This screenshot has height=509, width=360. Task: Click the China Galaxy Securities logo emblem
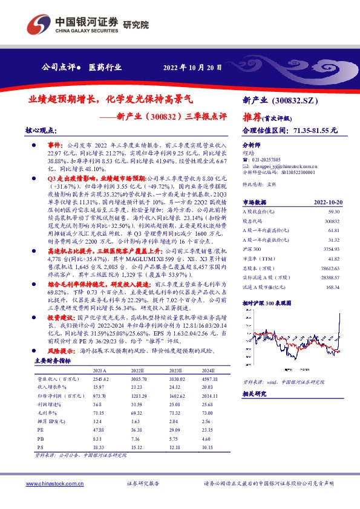[35, 24]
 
